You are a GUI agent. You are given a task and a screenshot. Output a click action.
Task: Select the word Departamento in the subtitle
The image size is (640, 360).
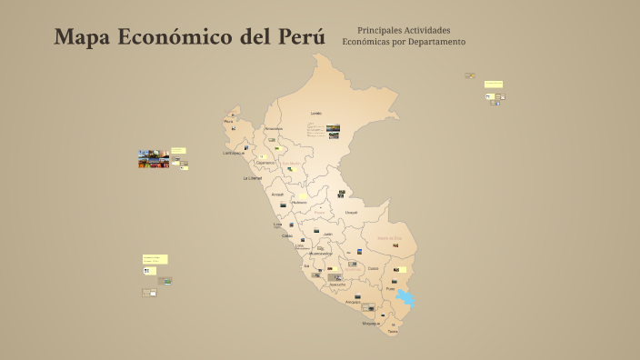(x=436, y=42)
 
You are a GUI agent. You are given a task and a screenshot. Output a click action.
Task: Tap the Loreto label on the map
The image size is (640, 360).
(x=316, y=113)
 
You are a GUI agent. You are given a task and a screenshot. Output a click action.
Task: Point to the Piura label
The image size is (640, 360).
(x=228, y=121)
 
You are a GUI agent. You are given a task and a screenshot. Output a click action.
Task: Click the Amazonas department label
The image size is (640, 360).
(x=274, y=128)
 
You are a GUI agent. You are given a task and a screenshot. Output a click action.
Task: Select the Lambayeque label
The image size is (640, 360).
(x=235, y=153)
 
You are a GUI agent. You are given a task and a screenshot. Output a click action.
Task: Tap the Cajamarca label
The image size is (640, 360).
(x=265, y=163)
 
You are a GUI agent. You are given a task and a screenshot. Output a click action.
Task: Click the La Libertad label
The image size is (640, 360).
(x=252, y=178)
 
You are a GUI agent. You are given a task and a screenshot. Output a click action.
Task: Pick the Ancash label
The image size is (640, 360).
(x=277, y=194)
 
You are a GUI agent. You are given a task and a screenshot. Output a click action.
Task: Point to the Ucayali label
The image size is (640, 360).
(x=351, y=212)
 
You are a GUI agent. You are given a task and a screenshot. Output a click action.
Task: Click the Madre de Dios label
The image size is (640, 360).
(x=389, y=237)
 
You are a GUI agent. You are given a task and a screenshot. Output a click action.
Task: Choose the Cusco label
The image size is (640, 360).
(x=373, y=268)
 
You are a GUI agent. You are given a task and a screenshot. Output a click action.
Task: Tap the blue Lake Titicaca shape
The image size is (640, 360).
(x=405, y=298)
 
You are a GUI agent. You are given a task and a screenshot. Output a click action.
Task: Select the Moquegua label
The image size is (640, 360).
(x=371, y=323)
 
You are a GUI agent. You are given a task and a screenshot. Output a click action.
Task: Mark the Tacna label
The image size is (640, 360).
(x=393, y=332)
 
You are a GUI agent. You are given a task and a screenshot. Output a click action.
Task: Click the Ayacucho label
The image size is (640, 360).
(x=336, y=284)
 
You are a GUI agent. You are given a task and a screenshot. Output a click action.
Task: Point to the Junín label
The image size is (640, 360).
(x=328, y=233)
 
